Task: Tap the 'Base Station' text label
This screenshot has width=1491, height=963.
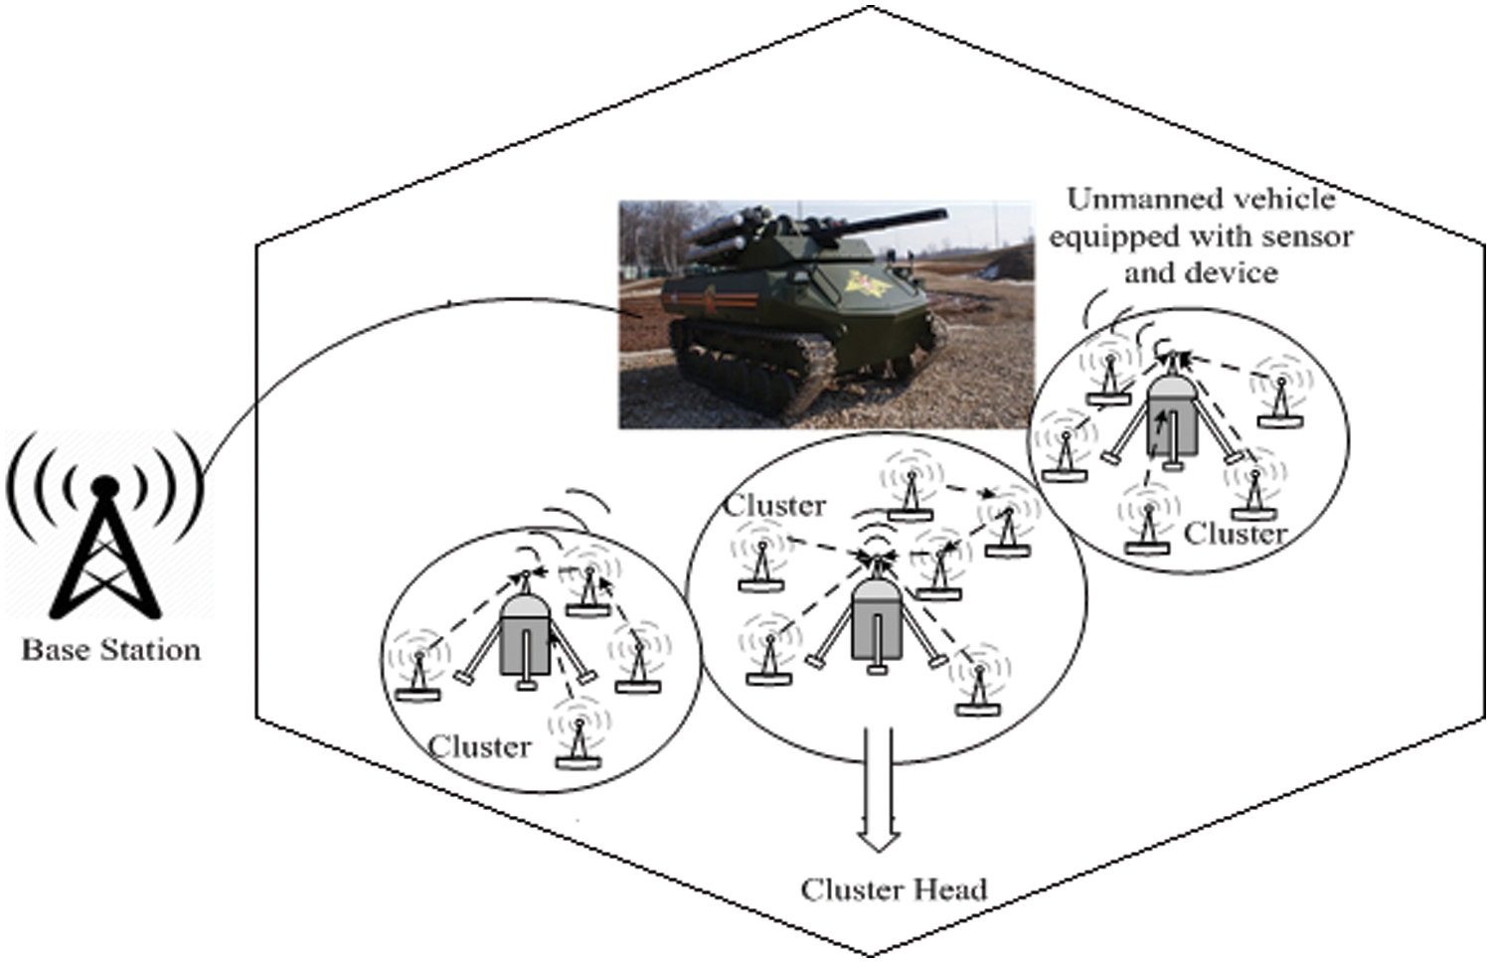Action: tap(111, 650)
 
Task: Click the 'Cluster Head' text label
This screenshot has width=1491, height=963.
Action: tap(894, 888)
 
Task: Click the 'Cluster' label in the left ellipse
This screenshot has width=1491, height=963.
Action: tap(480, 746)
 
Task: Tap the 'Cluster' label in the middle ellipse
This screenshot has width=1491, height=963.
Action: tap(774, 506)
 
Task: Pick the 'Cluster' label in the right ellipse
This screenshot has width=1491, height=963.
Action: tap(1236, 534)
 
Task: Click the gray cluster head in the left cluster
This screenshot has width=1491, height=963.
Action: tap(525, 636)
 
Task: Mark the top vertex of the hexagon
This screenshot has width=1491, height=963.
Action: tap(871, 7)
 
